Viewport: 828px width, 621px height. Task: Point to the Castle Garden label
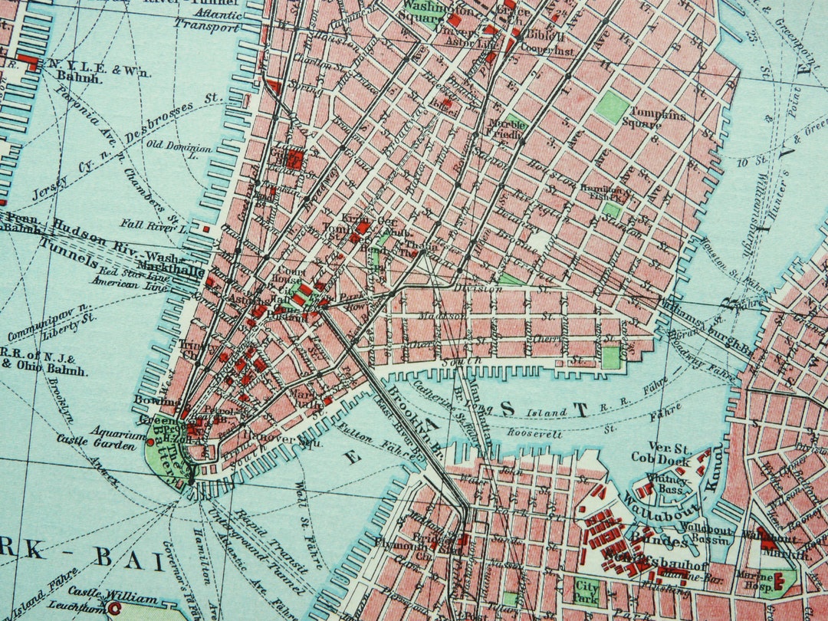point(89,441)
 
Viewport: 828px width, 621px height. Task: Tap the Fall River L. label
point(154,225)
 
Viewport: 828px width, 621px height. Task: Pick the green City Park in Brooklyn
point(586,590)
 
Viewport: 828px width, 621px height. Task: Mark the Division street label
point(476,288)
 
